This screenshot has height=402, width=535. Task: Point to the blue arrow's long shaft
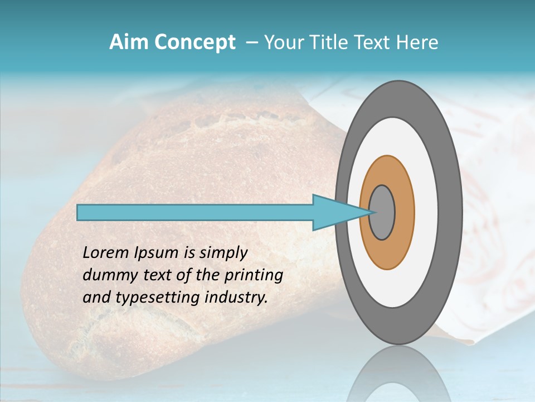[x=195, y=212]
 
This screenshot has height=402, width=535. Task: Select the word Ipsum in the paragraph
[x=152, y=253]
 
